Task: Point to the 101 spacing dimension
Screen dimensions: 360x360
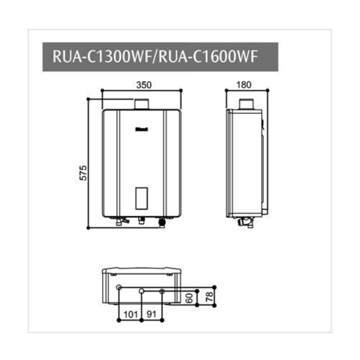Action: click(131, 314)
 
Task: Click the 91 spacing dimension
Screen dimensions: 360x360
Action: click(153, 314)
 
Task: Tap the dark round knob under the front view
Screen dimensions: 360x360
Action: click(162, 222)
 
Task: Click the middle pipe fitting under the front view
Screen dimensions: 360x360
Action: click(141, 220)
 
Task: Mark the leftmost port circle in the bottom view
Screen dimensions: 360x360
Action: click(119, 287)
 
